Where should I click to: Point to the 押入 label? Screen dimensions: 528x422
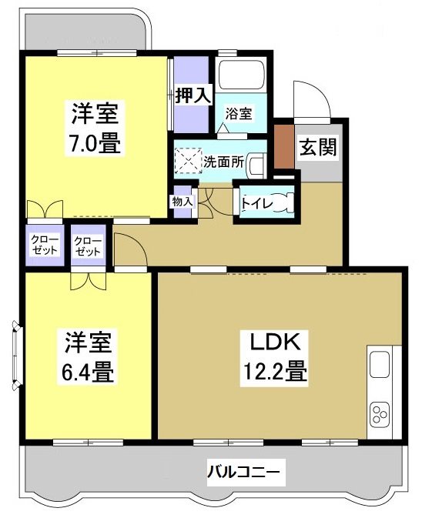[192, 96]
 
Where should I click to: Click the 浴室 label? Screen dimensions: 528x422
[238, 113]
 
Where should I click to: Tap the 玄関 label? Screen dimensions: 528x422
[318, 147]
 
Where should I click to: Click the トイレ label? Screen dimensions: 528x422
[256, 203]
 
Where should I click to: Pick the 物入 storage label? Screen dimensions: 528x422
[184, 202]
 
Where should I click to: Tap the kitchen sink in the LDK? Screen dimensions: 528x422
[380, 365]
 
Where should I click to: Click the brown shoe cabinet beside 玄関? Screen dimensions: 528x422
[284, 145]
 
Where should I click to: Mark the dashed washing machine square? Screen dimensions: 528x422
[188, 162]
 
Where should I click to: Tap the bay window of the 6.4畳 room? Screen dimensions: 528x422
[17, 353]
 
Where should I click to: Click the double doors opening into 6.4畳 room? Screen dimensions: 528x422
[87, 280]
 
